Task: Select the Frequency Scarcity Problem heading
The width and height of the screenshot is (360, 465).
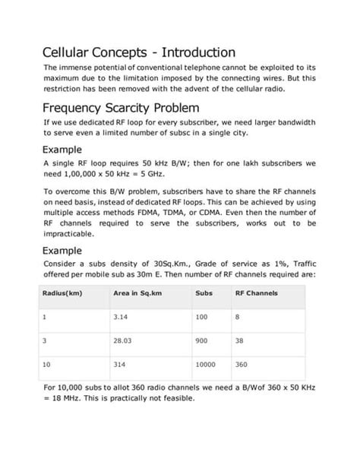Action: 121,106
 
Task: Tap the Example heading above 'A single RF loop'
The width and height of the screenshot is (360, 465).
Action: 68,149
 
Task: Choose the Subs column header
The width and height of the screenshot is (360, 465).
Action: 203,293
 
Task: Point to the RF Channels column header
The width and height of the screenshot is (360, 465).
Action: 257,293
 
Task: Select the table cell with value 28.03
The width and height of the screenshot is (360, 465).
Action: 122,341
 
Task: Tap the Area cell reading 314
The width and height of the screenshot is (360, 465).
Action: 118,365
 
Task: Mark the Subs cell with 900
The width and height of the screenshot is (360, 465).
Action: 203,341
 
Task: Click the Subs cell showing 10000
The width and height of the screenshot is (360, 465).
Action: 206,365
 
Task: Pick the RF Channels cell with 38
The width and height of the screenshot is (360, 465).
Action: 241,341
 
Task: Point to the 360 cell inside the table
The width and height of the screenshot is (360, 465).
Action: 242,365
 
